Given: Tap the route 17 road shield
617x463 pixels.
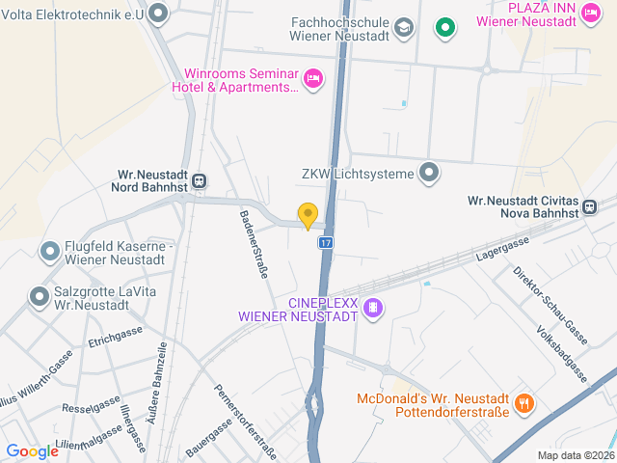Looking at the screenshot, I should tap(327, 241).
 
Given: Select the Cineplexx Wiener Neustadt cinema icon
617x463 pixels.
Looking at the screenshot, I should tap(374, 309).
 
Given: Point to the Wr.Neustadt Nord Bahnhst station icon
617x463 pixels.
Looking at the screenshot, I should tap(199, 180).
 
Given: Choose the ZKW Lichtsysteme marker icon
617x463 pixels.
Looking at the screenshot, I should tap(430, 174).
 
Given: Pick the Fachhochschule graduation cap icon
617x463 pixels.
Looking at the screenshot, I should tap(404, 27).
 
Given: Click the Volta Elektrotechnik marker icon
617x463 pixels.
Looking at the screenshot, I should tap(159, 14).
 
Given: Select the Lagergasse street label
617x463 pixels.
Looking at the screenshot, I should tap(503, 250).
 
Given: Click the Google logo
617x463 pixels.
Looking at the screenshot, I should tap(33, 451).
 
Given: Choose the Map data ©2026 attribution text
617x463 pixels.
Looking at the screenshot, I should tap(575, 455).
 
